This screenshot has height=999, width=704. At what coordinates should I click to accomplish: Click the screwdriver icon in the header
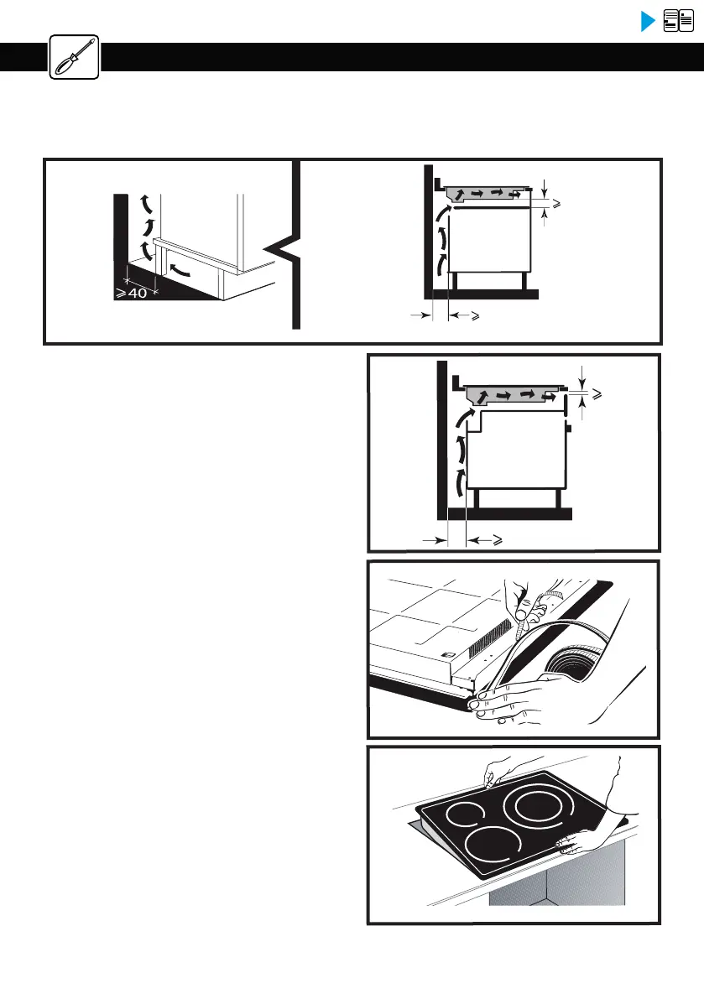pos(74,57)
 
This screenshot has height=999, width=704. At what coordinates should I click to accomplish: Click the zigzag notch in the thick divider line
pos(285,249)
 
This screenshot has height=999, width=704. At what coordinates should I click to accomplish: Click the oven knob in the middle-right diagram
pos(570,429)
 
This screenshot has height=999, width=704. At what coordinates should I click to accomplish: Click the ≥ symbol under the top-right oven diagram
pos(475,316)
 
